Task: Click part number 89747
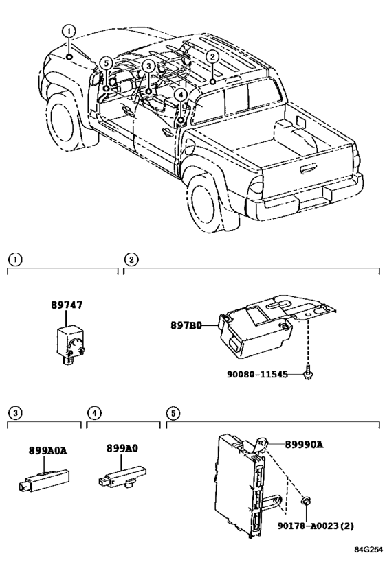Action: click(67, 305)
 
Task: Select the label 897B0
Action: click(186, 325)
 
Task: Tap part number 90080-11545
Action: click(257, 375)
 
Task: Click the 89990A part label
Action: click(305, 445)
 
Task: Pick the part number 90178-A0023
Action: click(309, 526)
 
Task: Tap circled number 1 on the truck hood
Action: click(69, 31)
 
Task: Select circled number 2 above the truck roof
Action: click(212, 56)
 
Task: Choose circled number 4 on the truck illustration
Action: click(180, 95)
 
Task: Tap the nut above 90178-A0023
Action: click(306, 501)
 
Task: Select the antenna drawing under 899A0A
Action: click(44, 480)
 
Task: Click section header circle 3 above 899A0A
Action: click(15, 413)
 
